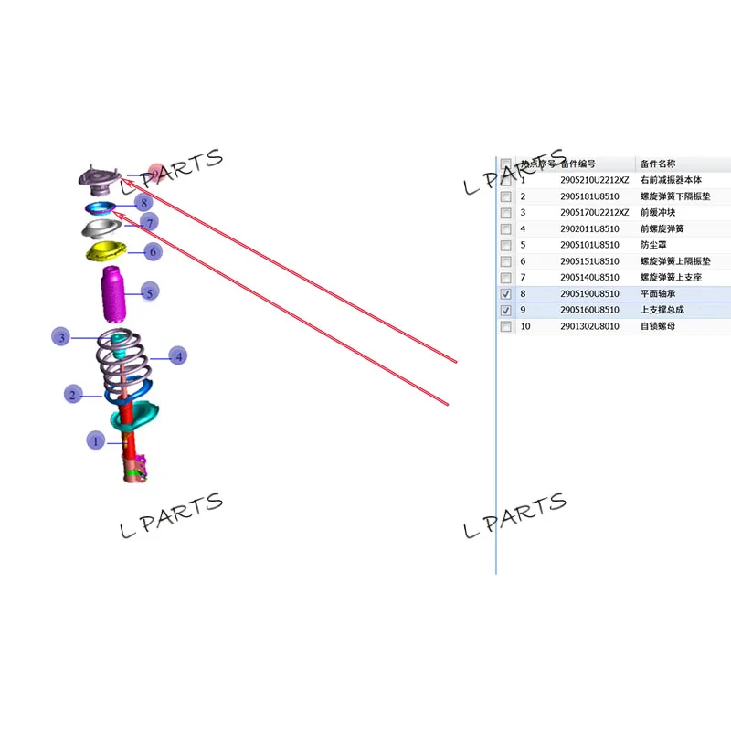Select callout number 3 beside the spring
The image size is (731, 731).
click(x=61, y=337)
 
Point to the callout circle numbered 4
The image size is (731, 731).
click(x=178, y=356)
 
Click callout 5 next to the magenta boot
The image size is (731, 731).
click(x=150, y=291)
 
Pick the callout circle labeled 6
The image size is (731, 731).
click(x=153, y=251)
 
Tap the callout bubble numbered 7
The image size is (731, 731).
click(x=150, y=221)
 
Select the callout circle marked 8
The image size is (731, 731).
click(x=143, y=202)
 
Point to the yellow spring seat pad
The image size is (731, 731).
click(x=106, y=250)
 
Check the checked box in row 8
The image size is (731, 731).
click(x=506, y=294)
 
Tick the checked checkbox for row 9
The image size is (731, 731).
click(x=506, y=311)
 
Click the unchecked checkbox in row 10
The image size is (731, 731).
click(x=506, y=327)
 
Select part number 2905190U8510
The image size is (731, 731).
click(x=589, y=294)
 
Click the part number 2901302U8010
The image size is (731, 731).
click(x=589, y=327)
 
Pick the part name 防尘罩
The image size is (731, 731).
click(x=653, y=245)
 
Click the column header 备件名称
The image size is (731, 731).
click(x=657, y=164)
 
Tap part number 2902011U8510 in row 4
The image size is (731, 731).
click(x=589, y=228)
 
